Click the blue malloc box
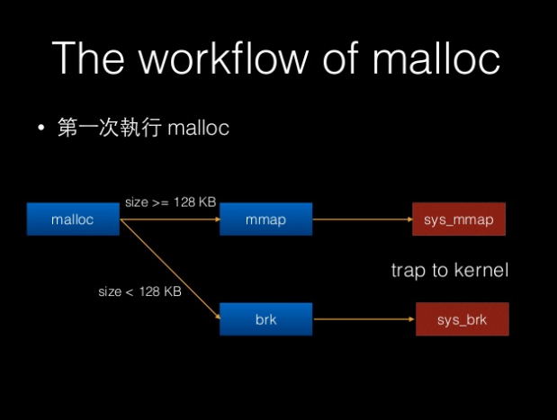click(x=73, y=219)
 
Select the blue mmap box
click(x=265, y=219)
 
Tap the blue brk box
click(x=265, y=319)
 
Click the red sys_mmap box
click(x=459, y=219)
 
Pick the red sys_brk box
click(x=463, y=319)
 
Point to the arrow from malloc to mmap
click(x=170, y=219)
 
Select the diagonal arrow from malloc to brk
click(x=170, y=269)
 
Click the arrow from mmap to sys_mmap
click(x=363, y=219)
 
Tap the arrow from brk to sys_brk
click(x=364, y=319)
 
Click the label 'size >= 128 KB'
click(x=170, y=202)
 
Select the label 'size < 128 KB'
click(x=139, y=291)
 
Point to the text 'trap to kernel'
click(x=450, y=270)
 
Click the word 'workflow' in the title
click(x=223, y=58)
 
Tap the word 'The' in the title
click(x=88, y=58)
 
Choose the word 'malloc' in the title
click(x=436, y=58)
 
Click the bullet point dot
click(x=41, y=128)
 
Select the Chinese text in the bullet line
click(x=110, y=127)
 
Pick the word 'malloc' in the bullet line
click(x=198, y=128)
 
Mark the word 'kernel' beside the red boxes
click(x=481, y=270)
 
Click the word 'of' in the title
click(x=340, y=58)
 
